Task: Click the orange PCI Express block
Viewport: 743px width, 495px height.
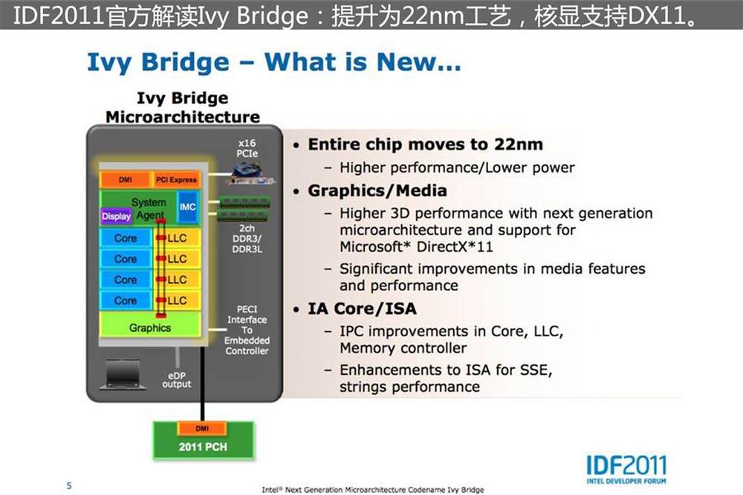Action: (176, 180)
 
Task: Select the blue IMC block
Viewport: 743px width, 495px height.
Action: (188, 207)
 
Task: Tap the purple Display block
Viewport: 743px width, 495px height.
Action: (116, 216)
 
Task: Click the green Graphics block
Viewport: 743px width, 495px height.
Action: (150, 327)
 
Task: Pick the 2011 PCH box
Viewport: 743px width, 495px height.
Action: (204, 441)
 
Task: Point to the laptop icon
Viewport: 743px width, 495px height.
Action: (123, 374)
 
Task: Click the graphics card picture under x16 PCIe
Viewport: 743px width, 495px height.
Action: (250, 174)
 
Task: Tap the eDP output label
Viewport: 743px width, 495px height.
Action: (177, 379)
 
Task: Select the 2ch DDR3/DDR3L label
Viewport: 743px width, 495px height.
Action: (247, 238)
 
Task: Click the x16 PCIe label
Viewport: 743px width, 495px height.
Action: (247, 148)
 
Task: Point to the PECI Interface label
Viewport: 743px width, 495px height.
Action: (247, 330)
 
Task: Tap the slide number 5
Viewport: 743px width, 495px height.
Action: (69, 485)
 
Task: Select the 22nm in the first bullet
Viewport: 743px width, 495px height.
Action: (519, 144)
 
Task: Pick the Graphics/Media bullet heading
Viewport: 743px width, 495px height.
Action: (377, 191)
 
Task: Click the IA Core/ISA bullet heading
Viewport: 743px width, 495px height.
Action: (362, 309)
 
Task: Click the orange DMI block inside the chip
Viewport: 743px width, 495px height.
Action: (125, 180)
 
